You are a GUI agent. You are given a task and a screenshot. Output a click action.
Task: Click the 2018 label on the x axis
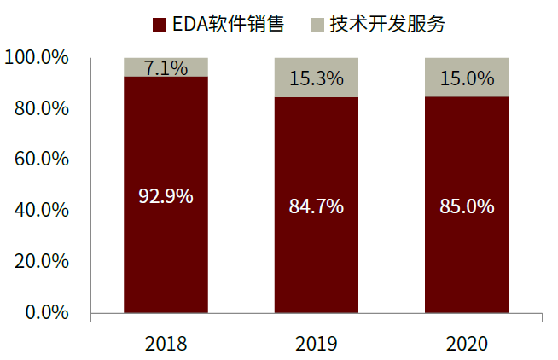pyautogui.click(x=166, y=344)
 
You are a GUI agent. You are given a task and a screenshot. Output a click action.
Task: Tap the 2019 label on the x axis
pyautogui.click(x=316, y=344)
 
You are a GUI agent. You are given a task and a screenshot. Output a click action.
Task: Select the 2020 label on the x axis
pyautogui.click(x=467, y=344)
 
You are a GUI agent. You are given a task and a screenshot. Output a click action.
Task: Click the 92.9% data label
pyautogui.click(x=166, y=196)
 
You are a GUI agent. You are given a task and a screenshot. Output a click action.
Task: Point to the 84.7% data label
pyautogui.click(x=316, y=206)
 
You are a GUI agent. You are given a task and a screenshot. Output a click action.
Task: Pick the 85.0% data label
pyautogui.click(x=467, y=206)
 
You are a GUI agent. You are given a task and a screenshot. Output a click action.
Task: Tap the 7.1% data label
pyautogui.click(x=166, y=68)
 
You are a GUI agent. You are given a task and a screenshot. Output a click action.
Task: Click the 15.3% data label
pyautogui.click(x=316, y=78)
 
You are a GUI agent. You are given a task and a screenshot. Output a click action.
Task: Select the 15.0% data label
pyautogui.click(x=467, y=78)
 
